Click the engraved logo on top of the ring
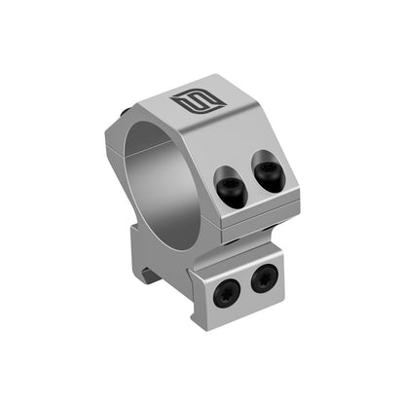click(188, 100)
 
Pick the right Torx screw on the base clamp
click(262, 281)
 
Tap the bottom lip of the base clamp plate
click(241, 310)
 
